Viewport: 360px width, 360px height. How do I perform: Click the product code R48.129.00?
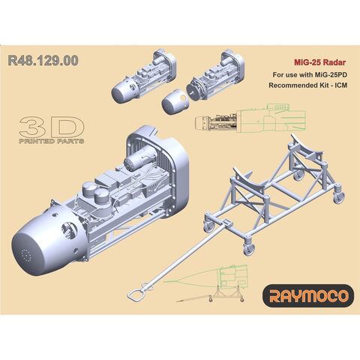pyautogui.click(x=46, y=61)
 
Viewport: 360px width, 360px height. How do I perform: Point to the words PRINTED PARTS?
pyautogui.click(x=52, y=141)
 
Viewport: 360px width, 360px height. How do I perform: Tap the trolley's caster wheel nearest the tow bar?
pyautogui.click(x=208, y=220)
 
